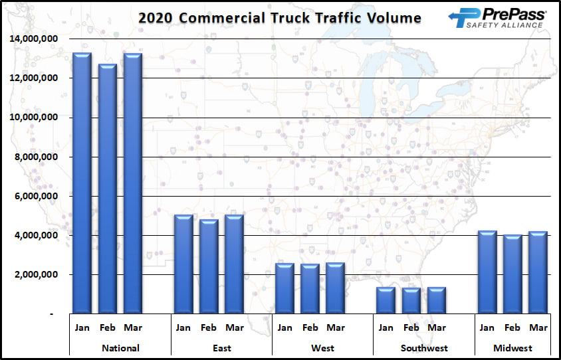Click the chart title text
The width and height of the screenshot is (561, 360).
[280, 17]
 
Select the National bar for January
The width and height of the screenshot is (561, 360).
[82, 183]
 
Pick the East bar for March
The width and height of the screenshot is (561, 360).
[234, 264]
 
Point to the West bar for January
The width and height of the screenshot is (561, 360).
[284, 288]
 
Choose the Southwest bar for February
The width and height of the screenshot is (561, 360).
[411, 301]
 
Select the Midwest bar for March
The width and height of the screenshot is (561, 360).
[538, 272]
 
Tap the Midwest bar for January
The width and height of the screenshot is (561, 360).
[487, 272]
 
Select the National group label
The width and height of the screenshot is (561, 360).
[120, 348]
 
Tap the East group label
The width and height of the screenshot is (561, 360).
[221, 348]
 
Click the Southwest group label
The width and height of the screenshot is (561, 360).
[424, 348]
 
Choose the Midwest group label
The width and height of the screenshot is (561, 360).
[512, 348]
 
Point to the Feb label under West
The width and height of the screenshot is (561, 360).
[310, 327]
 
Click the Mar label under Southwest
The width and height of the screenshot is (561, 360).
[437, 327]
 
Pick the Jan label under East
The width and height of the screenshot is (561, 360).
[183, 327]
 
